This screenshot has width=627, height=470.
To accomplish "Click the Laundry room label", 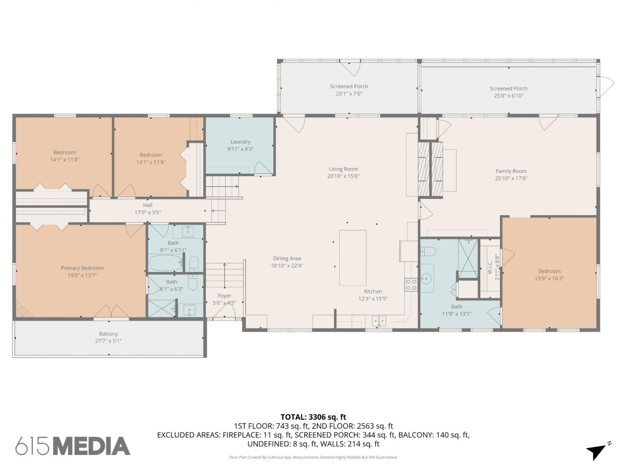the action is coord(240,142).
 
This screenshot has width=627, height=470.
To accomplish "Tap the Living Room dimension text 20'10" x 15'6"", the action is coord(343,176).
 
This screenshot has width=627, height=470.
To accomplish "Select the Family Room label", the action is coord(511,171).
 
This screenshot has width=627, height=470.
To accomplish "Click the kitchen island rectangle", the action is coord(353,258).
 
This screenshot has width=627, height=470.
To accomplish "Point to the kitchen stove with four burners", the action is coord(411,285).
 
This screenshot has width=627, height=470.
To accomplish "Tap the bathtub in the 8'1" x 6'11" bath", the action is coord(166,263).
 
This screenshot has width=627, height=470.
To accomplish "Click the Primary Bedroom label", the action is coord(82,268).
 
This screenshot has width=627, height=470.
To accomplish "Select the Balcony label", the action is coord(108,333).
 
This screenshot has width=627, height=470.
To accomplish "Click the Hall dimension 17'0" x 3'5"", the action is coord(148,212).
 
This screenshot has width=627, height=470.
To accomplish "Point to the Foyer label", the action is coord(224,296).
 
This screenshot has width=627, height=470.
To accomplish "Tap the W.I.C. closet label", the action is coord(490,267).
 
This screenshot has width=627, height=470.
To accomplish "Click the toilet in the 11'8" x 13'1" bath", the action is coord(428,252).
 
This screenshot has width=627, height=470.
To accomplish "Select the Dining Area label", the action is coord(287,258).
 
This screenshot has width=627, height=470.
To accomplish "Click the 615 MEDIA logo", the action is coord(73,445).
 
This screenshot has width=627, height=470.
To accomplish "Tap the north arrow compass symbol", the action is coord(599,451).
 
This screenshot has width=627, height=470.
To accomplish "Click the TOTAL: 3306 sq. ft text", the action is coord(313,417).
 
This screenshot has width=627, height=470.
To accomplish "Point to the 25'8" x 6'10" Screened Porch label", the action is coord(508,89).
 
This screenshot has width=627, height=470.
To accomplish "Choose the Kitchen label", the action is coord(373,291).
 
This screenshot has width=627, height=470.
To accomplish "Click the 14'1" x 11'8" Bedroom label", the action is coord(65,152).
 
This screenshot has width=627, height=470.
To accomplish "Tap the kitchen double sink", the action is coord(379,321).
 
